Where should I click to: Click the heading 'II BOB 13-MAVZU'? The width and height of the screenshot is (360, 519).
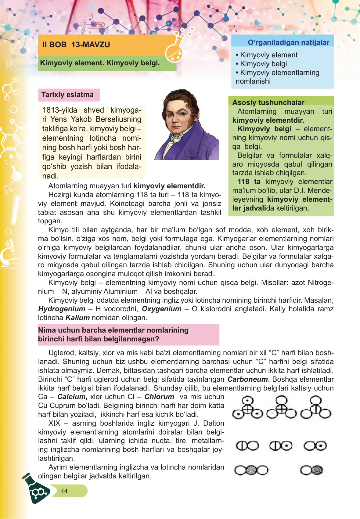coord(76,45)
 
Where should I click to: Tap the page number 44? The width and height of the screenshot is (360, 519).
coord(64,491)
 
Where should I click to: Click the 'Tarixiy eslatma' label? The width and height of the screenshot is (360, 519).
coord(67,95)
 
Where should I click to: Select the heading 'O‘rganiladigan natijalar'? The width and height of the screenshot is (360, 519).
coord(288,42)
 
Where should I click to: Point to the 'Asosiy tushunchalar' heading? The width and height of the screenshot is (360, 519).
coord(268,102)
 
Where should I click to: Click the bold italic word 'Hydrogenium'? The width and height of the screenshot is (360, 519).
coord(62,309)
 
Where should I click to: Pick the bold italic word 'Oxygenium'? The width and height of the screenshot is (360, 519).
coord(161,309)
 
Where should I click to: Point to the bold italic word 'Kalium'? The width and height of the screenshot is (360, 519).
coord(77,318)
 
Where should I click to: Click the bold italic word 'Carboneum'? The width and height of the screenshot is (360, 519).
coord(247,379)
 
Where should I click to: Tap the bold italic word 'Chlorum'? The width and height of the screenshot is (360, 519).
coord(159,397)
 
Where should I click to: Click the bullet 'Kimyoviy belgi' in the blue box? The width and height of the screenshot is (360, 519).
coord(263,64)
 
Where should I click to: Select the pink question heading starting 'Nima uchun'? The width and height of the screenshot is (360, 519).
coord(113,334)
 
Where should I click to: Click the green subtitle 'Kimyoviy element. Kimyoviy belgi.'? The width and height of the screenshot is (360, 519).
coord(100,63)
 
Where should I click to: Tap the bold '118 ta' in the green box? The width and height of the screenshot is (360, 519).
coord(249,182)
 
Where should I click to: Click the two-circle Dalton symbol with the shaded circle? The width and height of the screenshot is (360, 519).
coord(311,470)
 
